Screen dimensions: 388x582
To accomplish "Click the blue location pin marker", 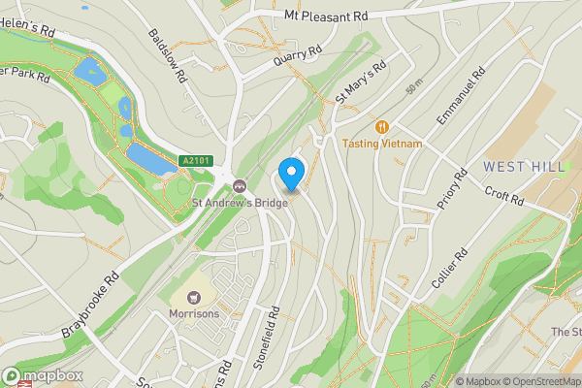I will [x=292, y=173].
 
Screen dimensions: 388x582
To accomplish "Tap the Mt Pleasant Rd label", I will [x=326, y=16].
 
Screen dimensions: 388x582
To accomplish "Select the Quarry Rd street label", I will [x=290, y=59].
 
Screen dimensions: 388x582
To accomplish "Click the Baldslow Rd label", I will [x=165, y=56].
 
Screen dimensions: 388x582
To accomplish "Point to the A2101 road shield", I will [x=195, y=161].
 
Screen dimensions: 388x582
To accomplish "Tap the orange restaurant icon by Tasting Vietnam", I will [x=382, y=126].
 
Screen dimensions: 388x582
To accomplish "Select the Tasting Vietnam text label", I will [x=382, y=144].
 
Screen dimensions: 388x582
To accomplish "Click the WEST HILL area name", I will [x=524, y=167].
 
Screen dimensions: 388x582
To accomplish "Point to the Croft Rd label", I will [x=503, y=196].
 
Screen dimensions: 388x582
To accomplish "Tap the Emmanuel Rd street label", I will [x=460, y=95].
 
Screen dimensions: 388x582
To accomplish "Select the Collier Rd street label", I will [x=449, y=269].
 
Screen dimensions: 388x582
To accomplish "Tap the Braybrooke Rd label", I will [x=89, y=307].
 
